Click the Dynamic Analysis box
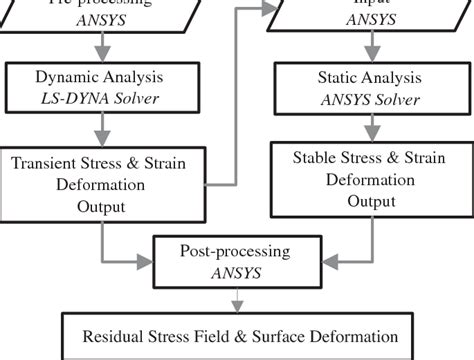pos(99,86)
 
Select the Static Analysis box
pos(372,86)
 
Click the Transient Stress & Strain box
pos(99,183)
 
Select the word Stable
pos(316,158)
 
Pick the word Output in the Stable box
pos(371,200)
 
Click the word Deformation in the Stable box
pos(371,179)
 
